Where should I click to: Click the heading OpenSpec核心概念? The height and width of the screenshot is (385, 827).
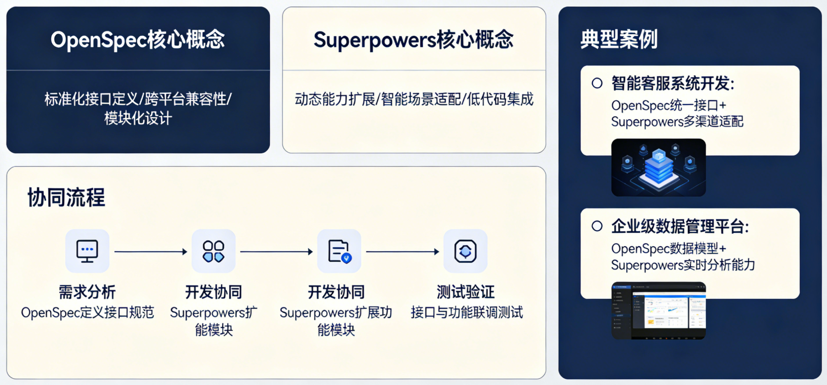(138, 40)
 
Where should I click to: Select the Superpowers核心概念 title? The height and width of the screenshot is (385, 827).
(413, 40)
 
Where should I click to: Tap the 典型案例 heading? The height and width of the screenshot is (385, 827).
(619, 39)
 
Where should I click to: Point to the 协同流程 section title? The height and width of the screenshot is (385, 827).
(66, 197)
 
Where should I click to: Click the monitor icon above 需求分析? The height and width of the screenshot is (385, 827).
(87, 251)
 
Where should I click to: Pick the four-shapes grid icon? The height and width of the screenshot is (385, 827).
(214, 251)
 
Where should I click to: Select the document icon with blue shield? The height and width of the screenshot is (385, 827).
(339, 251)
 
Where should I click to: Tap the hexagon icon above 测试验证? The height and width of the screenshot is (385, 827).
(465, 251)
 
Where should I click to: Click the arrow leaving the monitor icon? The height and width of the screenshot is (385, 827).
(151, 252)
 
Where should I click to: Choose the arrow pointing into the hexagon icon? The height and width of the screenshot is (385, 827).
(403, 252)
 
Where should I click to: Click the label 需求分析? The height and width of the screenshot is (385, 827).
(87, 292)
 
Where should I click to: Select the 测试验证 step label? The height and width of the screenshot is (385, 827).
(465, 292)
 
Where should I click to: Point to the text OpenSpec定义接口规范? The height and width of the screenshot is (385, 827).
(87, 312)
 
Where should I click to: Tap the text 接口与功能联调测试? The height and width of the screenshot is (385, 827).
(467, 312)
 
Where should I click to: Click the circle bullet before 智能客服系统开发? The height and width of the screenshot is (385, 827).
(597, 83)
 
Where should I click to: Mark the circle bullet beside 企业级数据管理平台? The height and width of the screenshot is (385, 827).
(597, 226)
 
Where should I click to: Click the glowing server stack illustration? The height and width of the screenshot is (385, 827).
(659, 167)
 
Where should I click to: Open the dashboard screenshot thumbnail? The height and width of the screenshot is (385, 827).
(659, 310)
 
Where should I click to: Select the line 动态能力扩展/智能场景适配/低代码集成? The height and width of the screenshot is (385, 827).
(414, 99)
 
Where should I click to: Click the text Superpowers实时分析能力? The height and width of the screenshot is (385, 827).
(683, 265)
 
